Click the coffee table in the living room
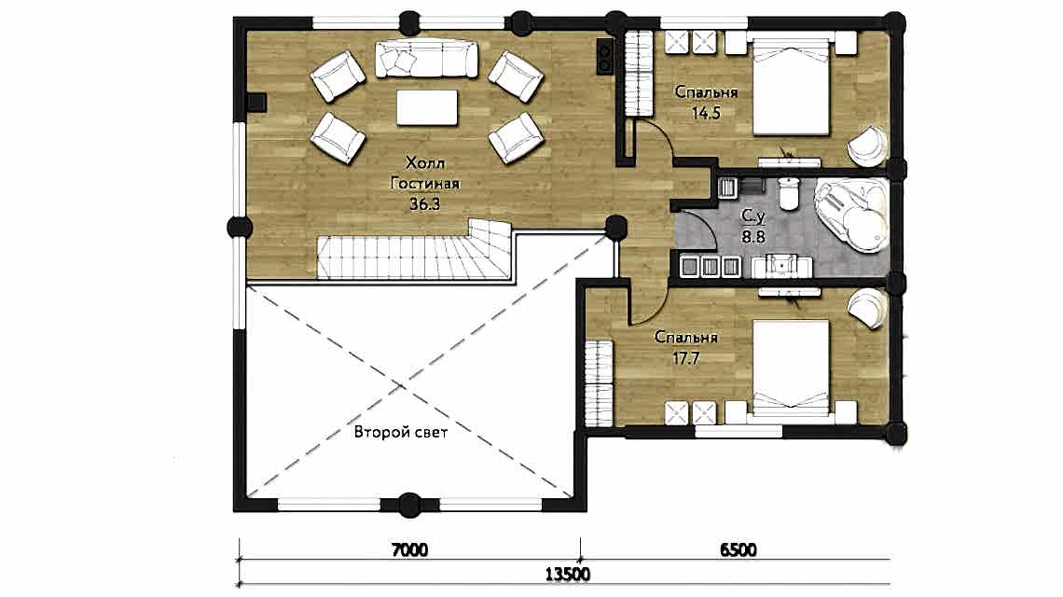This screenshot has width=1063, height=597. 426,108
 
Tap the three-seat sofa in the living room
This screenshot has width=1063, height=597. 426,59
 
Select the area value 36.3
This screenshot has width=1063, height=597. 424,203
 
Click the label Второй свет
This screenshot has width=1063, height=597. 401,432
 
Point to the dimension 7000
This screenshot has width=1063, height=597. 409,548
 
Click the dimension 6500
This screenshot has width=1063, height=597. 738,548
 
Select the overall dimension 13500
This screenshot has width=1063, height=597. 568,575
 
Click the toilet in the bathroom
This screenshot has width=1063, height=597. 789,193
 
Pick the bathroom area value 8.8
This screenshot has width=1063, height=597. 752,237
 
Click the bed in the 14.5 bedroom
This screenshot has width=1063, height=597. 791,86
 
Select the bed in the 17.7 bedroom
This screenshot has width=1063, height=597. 792,368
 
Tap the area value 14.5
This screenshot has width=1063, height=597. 706,113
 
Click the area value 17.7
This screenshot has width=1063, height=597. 685,358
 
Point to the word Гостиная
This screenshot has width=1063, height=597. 425,183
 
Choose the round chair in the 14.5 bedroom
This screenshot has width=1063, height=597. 868,146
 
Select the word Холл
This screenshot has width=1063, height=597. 425,163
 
